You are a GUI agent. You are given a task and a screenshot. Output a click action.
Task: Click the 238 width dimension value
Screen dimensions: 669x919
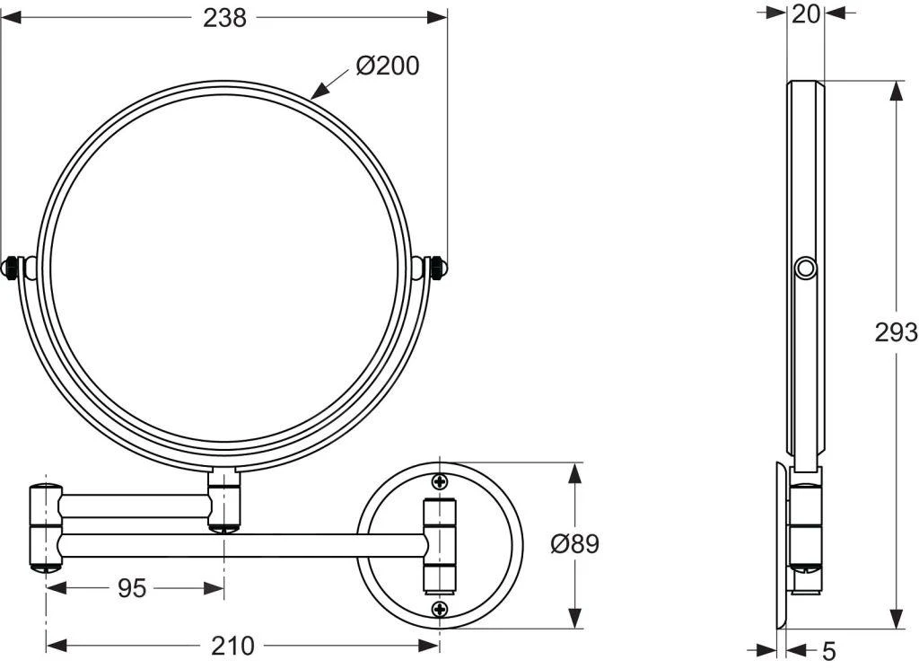tap(223, 18)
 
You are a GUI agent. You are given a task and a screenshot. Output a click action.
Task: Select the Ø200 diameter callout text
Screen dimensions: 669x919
tap(387, 66)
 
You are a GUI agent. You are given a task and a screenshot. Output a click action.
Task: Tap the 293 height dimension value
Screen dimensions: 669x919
tap(896, 332)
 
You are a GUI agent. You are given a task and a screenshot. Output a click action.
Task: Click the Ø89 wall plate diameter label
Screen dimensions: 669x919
tap(574, 543)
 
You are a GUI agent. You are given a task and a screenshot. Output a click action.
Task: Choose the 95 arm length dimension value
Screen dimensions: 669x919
tap(132, 588)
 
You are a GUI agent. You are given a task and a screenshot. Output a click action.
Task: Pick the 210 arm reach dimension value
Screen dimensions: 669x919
tap(232, 645)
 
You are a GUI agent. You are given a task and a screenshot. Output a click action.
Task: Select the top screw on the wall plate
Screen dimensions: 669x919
tap(440, 480)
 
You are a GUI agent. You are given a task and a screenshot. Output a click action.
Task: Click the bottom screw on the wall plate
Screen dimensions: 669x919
tap(440, 610)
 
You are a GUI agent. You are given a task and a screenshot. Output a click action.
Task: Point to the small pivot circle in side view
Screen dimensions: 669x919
tap(805, 268)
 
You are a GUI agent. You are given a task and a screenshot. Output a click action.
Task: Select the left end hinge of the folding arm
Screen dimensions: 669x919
tap(45, 528)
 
